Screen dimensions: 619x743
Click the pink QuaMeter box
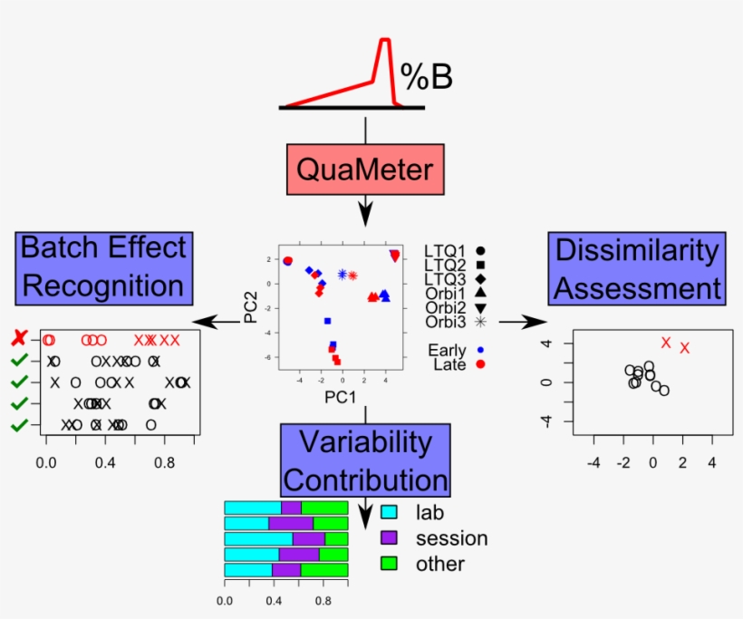[x=365, y=169]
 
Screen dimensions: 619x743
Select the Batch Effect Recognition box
[x=102, y=266]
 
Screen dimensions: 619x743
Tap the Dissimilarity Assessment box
[x=638, y=268]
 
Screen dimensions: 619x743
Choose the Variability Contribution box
[x=366, y=460]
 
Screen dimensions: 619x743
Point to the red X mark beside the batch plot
[x=18, y=339]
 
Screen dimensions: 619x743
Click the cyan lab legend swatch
[x=390, y=512]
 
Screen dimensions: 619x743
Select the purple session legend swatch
[x=390, y=538]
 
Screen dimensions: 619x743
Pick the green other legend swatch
[x=390, y=564]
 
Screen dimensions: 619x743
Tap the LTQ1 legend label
[x=445, y=249]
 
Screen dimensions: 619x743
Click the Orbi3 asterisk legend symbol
[x=480, y=322]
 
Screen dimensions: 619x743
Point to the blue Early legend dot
[x=481, y=350]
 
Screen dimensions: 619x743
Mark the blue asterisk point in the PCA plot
[x=342, y=274]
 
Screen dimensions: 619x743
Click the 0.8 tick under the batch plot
[x=164, y=461]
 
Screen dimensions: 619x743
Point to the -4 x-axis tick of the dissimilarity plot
[x=594, y=462]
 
